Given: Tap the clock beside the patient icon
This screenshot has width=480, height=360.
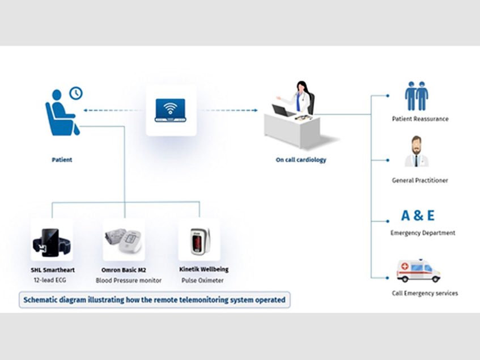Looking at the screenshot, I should click(75, 93).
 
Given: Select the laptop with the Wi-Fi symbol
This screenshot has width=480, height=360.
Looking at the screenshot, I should click(171, 110).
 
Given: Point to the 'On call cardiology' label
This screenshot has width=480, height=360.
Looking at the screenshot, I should click(301, 160).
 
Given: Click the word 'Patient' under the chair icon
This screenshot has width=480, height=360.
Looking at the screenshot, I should click(62, 160).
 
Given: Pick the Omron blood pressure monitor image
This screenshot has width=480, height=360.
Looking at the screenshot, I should click(124, 242).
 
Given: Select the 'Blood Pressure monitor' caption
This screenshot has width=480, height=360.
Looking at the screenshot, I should click(129, 280).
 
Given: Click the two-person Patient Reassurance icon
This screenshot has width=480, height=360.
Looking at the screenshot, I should click(417, 96).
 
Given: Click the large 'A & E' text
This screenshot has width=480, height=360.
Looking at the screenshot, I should click(418, 215).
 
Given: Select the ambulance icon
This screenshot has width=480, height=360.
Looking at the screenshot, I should click(418, 271).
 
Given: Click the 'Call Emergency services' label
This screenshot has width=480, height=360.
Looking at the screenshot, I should click(424, 293).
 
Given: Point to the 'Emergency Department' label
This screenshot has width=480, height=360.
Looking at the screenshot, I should click(423, 233).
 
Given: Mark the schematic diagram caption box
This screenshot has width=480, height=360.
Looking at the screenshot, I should click(154, 299).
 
